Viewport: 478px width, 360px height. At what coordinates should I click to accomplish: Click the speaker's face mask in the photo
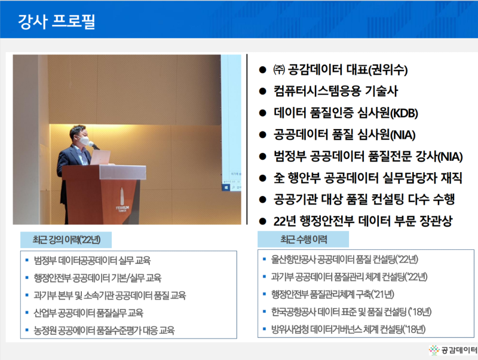point(85,142)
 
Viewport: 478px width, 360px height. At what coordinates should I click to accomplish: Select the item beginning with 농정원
point(108,330)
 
